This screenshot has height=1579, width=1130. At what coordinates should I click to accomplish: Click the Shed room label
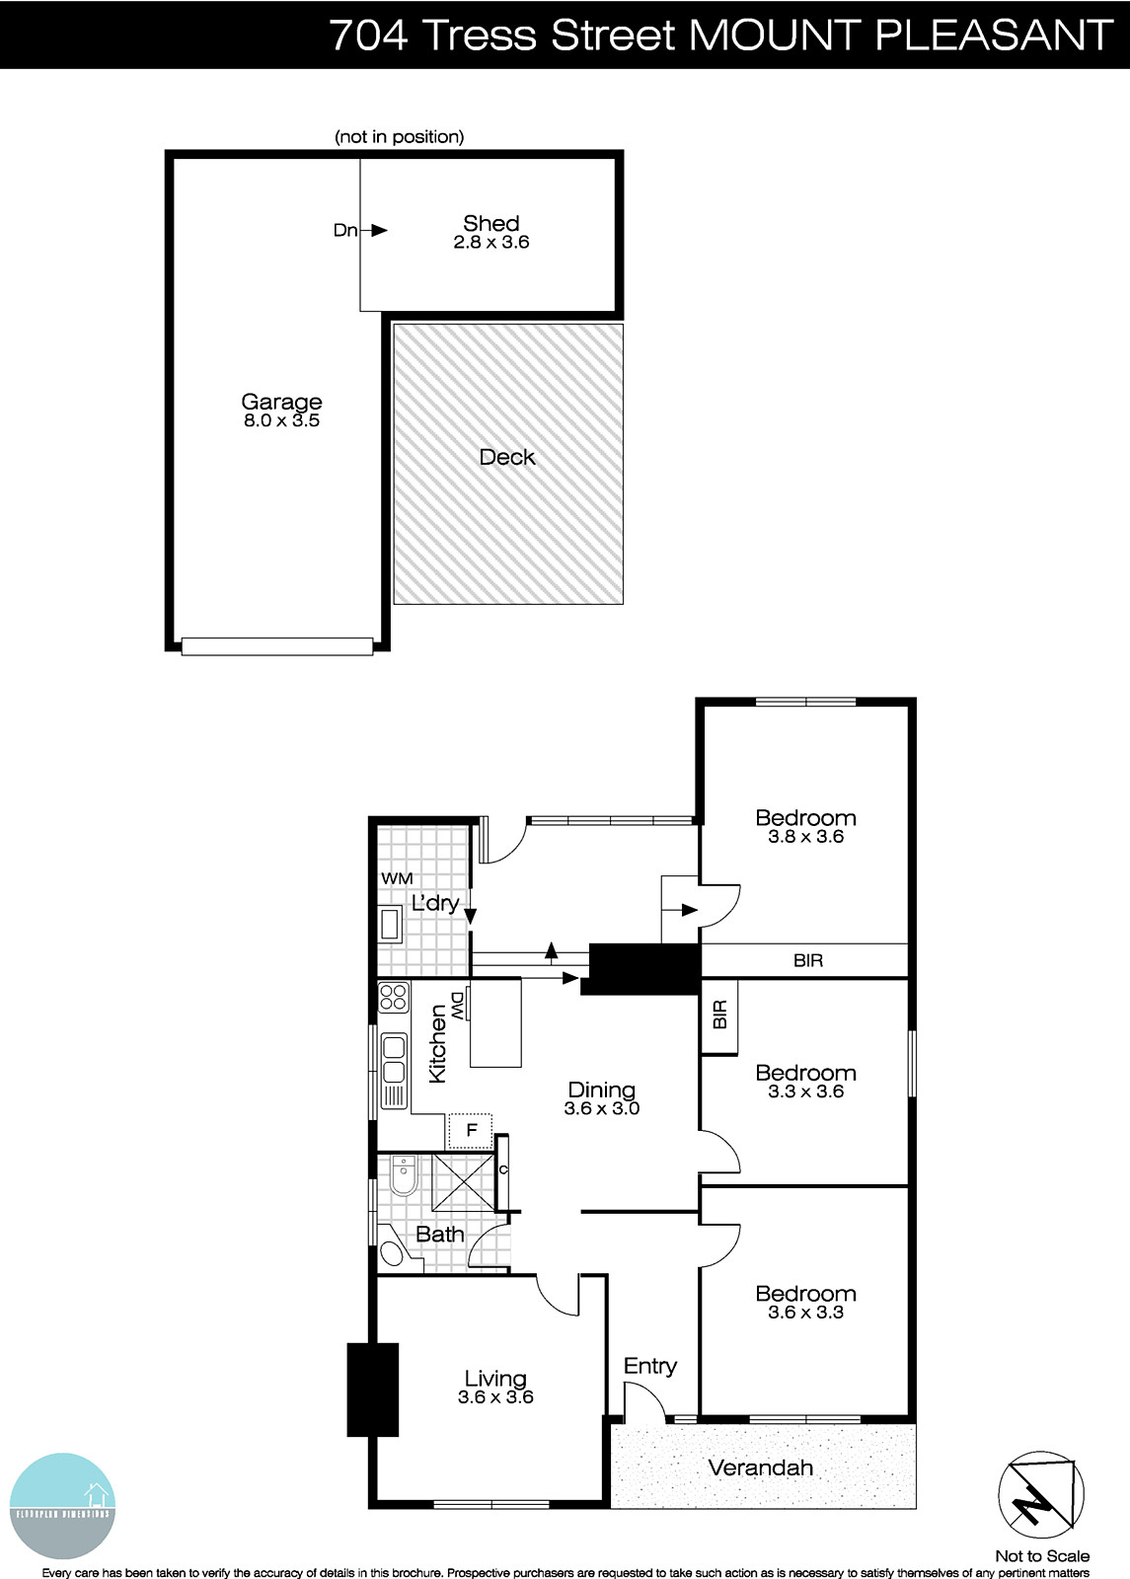coord(490,223)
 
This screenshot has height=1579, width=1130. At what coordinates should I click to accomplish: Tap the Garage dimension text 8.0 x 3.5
coord(281,420)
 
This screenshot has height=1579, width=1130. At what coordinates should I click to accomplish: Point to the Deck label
coord(507,457)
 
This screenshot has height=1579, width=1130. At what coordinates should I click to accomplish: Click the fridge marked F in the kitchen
coord(472,1130)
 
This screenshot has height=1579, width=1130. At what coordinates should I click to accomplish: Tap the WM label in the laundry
coord(397,878)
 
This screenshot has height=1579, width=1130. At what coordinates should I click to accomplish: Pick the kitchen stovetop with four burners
coord(394,997)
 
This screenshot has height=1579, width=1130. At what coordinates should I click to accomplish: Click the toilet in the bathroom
coord(403,1174)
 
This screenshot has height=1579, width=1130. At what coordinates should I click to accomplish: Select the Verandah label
coord(761,1467)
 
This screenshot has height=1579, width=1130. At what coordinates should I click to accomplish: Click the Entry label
coord(650,1366)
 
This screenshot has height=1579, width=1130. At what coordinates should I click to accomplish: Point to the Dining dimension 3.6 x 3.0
coord(602,1108)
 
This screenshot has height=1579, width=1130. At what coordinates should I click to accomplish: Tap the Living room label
coord(495,1379)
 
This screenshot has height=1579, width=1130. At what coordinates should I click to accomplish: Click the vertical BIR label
coord(719,1015)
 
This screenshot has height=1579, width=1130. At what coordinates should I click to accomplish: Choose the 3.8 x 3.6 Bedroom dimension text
coord(805,836)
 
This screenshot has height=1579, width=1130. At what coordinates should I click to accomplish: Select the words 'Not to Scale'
coord(1042,1556)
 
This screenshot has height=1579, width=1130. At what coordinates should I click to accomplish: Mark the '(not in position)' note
coord(400,137)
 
